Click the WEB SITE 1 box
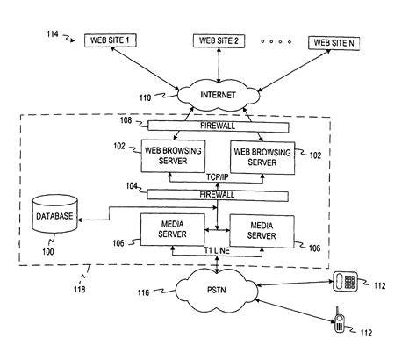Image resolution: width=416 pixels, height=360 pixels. pos(111,40)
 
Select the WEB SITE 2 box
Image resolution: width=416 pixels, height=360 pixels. pos(219,40)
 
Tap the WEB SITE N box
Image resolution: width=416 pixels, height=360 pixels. pos(334,43)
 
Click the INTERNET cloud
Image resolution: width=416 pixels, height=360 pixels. pos(219,95)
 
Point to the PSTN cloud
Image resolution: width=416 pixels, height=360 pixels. pos(217,290)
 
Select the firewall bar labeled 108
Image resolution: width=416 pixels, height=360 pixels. pos(219,126)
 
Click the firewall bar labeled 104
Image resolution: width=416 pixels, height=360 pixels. pos(218,195)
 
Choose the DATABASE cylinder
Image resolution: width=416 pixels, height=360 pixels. pos(54,214)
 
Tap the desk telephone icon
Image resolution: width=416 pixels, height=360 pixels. pos(346,281)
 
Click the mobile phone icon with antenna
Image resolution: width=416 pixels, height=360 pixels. pos(339,320)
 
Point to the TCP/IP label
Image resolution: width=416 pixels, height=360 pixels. pos(218,177)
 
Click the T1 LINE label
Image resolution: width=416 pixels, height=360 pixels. pos(217,251)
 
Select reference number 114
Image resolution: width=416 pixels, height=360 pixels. pos(53,34)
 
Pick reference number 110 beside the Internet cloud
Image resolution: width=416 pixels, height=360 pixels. pos(145,97)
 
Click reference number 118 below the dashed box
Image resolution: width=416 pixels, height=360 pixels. pos(80,290)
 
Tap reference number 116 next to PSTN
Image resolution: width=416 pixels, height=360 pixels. pos(143,292)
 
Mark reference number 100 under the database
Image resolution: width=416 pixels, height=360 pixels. pos(48,252)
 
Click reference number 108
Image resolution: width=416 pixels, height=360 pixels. pos(126,120)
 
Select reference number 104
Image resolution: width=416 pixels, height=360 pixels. pos(132,186)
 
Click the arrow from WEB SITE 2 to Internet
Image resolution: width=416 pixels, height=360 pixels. pos(219,65)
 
